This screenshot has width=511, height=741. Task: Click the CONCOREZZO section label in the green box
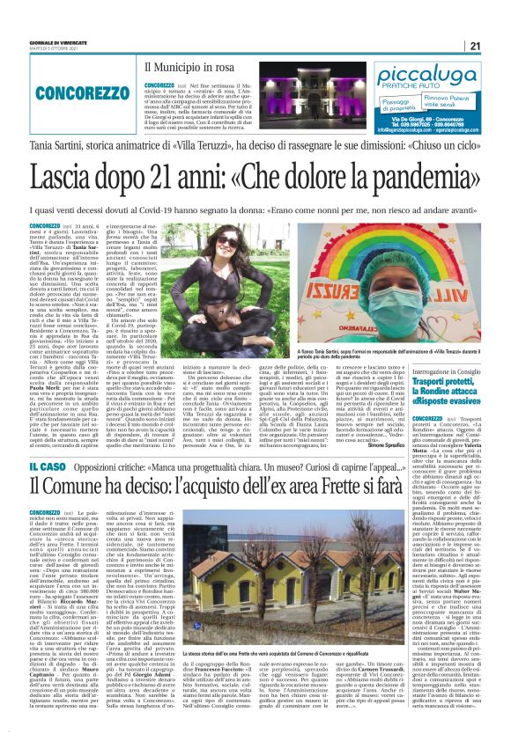coord(70,92)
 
